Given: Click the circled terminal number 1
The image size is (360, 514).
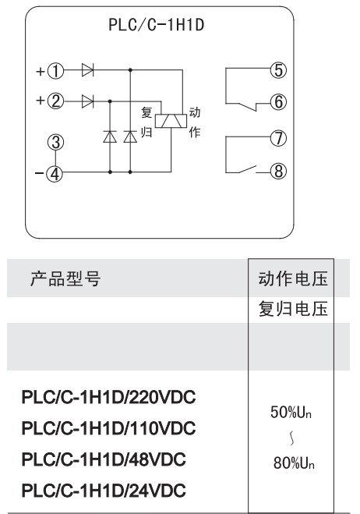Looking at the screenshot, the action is click(x=55, y=70).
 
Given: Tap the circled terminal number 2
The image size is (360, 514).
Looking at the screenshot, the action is click(x=55, y=101).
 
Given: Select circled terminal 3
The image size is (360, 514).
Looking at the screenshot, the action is click(x=55, y=142).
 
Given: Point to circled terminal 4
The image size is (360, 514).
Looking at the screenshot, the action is click(x=55, y=173).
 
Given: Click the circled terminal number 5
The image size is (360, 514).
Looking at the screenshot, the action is click(x=278, y=70).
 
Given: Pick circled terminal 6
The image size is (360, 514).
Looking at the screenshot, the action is click(x=278, y=102).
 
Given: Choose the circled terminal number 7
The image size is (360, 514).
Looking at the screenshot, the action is click(x=278, y=138).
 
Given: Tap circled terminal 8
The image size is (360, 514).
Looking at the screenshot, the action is click(x=278, y=171).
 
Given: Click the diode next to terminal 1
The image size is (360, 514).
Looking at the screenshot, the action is click(x=87, y=70).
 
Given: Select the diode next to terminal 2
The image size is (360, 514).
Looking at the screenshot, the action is click(x=87, y=101).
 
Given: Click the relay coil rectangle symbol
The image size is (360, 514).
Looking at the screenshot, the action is click(x=171, y=121).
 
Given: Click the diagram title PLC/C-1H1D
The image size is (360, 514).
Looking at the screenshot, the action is click(x=157, y=25).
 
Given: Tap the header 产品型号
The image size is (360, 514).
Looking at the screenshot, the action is click(x=65, y=279).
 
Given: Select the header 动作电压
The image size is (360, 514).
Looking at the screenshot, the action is click(x=293, y=278).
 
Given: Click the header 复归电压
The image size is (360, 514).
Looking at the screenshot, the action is click(x=293, y=309).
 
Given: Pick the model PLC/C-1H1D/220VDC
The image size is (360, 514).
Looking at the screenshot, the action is click(x=108, y=397).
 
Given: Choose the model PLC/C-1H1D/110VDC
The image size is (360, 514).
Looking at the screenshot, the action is click(x=108, y=428).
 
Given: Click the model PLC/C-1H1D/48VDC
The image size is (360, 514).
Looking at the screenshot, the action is click(x=104, y=459).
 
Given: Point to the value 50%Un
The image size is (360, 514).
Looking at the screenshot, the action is click(x=291, y=412).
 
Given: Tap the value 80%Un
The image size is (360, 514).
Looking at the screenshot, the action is click(x=294, y=463).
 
